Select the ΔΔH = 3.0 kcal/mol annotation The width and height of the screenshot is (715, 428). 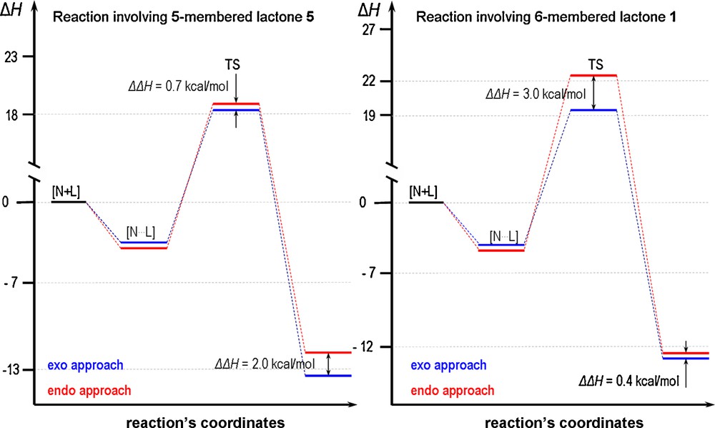535,94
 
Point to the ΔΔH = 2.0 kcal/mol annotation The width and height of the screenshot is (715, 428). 265,364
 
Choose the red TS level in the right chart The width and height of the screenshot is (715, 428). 593,75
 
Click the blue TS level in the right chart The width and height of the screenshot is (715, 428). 593,110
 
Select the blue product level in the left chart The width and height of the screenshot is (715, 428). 327,375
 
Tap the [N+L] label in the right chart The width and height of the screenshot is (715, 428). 423,192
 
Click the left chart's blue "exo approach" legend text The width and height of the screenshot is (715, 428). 86,365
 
